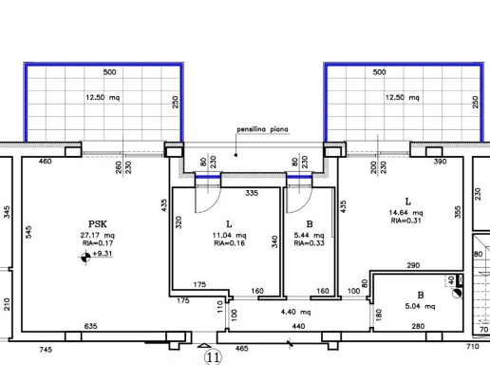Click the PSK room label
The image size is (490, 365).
tap(98, 224)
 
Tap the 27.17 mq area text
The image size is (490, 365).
tap(97, 235)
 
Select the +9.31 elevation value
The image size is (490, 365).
tap(103, 254)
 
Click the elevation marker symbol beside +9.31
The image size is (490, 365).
tap(85, 257)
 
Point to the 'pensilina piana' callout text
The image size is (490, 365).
tap(262, 129)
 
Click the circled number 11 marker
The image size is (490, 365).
tap(213, 357)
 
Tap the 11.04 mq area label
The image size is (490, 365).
tap(229, 235)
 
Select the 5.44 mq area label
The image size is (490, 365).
tap(309, 235)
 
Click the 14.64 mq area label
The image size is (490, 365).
tap(405, 213)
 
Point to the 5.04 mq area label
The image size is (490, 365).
tap(420, 306)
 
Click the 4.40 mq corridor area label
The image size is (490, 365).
tap(295, 312)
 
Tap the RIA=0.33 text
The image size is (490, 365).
tap(309, 243)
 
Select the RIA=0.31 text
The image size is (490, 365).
tap(405, 221)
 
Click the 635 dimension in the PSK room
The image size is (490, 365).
tap(90, 326)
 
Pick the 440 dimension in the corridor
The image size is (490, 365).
tap(298, 326)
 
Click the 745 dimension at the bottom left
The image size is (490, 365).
tap(46, 350)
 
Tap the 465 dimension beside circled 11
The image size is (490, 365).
tap(242, 349)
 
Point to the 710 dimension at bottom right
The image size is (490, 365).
tap(472, 346)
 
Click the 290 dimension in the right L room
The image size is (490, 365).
tap(413, 265)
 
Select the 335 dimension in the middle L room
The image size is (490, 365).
tap(252, 193)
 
